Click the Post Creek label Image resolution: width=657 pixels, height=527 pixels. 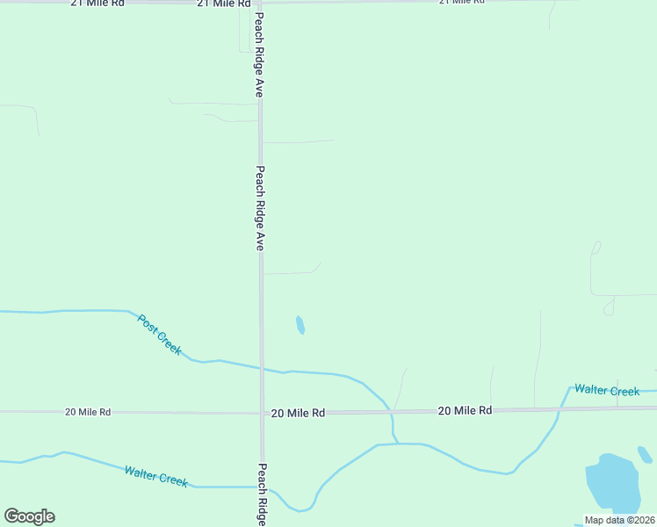pyautogui.click(x=160, y=335)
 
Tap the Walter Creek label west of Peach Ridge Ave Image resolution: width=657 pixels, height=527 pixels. pyautogui.click(x=155, y=477)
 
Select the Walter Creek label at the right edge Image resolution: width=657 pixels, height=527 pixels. pyautogui.click(x=607, y=390)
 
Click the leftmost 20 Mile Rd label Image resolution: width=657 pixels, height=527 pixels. pyautogui.click(x=88, y=411)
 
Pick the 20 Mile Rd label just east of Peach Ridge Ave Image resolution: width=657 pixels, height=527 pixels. pyautogui.click(x=298, y=412)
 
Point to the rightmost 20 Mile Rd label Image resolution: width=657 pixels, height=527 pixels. pyautogui.click(x=465, y=410)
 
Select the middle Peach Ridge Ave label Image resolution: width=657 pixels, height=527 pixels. pyautogui.click(x=260, y=208)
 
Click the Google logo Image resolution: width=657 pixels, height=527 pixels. pyautogui.click(x=29, y=516)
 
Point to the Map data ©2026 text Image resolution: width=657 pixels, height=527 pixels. pyautogui.click(x=619, y=520)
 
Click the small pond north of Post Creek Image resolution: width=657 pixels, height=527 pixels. pyautogui.click(x=300, y=325)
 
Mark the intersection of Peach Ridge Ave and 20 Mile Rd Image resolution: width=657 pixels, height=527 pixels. pyautogui.click(x=261, y=412)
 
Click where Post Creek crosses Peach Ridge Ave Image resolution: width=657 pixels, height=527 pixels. pyautogui.click(x=261, y=368)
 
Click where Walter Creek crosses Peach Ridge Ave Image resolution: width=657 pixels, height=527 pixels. pyautogui.click(x=262, y=487)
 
